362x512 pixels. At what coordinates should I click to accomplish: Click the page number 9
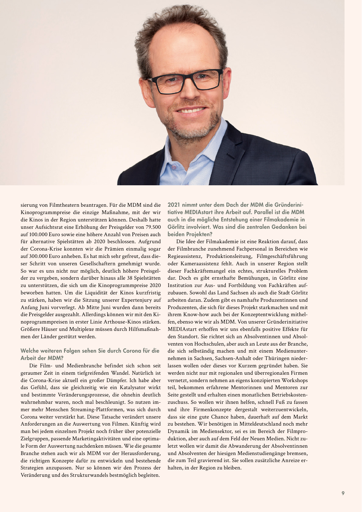click(x=343, y=493)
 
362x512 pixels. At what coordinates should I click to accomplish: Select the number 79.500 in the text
click(x=152, y=227)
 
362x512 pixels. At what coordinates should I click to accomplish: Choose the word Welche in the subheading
click(x=30, y=351)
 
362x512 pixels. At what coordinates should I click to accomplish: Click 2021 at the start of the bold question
click(x=174, y=205)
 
